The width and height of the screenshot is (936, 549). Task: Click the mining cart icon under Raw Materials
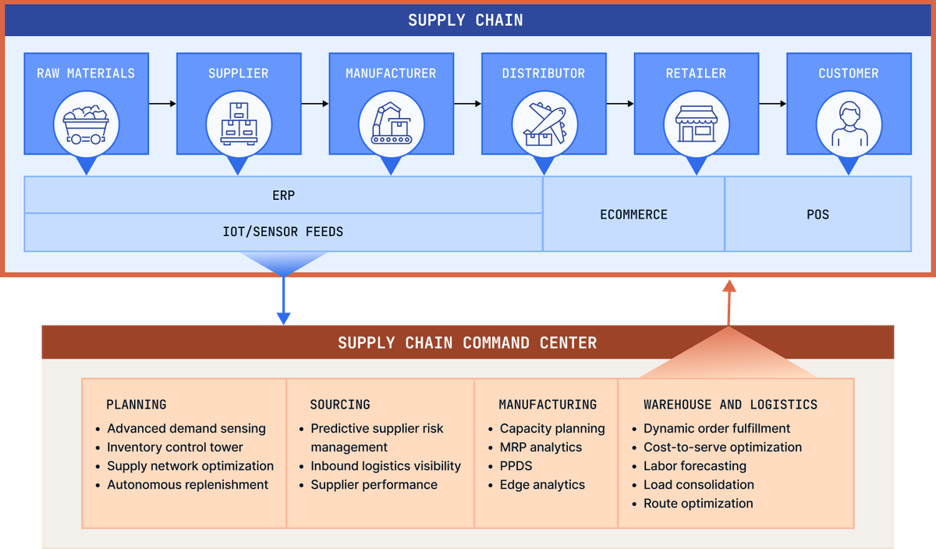click(86, 125)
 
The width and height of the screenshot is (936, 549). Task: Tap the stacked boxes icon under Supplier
click(239, 124)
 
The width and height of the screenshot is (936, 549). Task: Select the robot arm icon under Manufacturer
click(392, 123)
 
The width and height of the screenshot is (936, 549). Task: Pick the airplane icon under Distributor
click(545, 124)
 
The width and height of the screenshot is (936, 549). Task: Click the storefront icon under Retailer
click(697, 124)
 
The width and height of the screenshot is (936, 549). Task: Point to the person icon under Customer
click(849, 124)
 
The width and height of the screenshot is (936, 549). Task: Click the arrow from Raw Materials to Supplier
click(162, 103)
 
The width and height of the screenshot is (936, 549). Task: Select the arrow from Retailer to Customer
click(773, 103)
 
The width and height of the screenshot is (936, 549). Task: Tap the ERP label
click(284, 195)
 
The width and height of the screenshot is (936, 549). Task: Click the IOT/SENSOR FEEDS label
click(283, 231)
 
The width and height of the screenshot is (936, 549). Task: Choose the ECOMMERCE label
click(634, 215)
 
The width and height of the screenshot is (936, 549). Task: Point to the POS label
click(817, 215)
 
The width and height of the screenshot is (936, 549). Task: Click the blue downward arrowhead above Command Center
click(284, 319)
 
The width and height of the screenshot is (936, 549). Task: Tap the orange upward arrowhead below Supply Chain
click(729, 286)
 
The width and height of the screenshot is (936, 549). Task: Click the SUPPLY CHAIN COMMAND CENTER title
click(467, 343)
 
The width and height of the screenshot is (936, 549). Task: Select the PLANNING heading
click(136, 405)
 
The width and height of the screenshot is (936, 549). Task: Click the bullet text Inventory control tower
click(175, 447)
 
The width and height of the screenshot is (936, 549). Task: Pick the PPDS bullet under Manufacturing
click(516, 465)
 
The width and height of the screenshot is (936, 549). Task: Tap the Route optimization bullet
click(698, 504)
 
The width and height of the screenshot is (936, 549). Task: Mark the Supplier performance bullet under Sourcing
click(374, 484)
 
